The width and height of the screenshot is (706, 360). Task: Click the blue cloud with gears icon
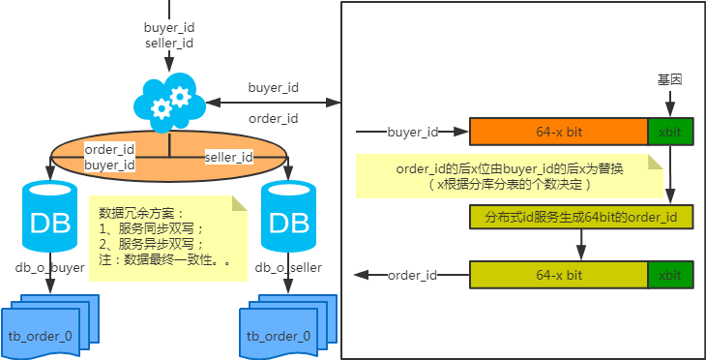pyautogui.click(x=170, y=103)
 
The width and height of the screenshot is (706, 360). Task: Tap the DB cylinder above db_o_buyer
pyautogui.click(x=50, y=217)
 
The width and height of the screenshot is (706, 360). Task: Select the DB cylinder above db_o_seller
pyautogui.click(x=288, y=217)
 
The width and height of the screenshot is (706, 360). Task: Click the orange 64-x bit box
pyautogui.click(x=559, y=132)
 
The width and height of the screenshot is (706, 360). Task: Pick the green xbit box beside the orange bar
pyautogui.click(x=670, y=132)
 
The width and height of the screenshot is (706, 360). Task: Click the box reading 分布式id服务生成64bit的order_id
pyautogui.click(x=581, y=217)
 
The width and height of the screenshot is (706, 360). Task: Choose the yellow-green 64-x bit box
pyautogui.click(x=559, y=275)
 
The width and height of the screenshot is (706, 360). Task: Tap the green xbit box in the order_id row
pyautogui.click(x=670, y=275)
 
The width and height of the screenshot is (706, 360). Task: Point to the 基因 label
pyautogui.click(x=669, y=79)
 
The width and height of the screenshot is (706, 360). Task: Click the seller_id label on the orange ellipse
pyautogui.click(x=229, y=157)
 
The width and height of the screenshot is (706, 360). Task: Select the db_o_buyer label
pyautogui.click(x=50, y=268)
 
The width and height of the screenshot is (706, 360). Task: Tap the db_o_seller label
pyautogui.click(x=288, y=268)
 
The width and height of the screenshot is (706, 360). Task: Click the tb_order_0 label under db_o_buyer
pyautogui.click(x=40, y=336)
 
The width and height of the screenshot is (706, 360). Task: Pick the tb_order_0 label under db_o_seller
pyautogui.click(x=279, y=336)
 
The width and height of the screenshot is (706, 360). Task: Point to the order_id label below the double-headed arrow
pyautogui.click(x=274, y=119)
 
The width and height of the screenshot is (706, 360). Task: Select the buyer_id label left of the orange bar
pyautogui.click(x=413, y=132)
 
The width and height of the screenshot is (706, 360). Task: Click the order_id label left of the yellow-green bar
pyautogui.click(x=412, y=275)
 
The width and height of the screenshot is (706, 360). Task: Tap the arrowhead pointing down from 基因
pyautogui.click(x=670, y=111)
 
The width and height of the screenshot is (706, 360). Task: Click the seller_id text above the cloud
pyautogui.click(x=169, y=44)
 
